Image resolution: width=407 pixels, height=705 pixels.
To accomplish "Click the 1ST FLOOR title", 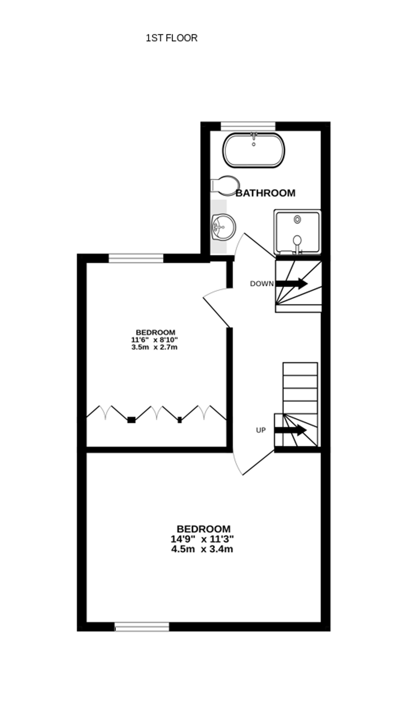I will point(171,38).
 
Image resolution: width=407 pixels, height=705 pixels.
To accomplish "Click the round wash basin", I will point(224,227).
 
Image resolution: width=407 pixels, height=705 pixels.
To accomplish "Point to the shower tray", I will point(298,232).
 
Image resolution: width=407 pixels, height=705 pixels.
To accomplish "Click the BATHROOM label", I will point(265,193).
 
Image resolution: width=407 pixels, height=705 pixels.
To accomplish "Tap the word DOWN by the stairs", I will point(262,284).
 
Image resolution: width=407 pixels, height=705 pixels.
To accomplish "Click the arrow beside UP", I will point(291,430).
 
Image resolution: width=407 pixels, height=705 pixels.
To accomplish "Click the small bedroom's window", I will point(136,258).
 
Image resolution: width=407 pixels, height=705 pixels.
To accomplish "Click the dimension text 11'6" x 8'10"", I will point(155,340).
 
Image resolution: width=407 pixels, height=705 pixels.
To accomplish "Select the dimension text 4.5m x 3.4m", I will point(202,549).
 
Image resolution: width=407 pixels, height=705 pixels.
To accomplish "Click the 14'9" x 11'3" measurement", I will point(202,539).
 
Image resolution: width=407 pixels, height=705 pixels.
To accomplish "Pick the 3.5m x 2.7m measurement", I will point(155,348).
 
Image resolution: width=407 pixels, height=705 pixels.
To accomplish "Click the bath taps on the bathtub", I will point(254,136).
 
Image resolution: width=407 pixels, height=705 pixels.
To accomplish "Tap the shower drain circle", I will point(298,219).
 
